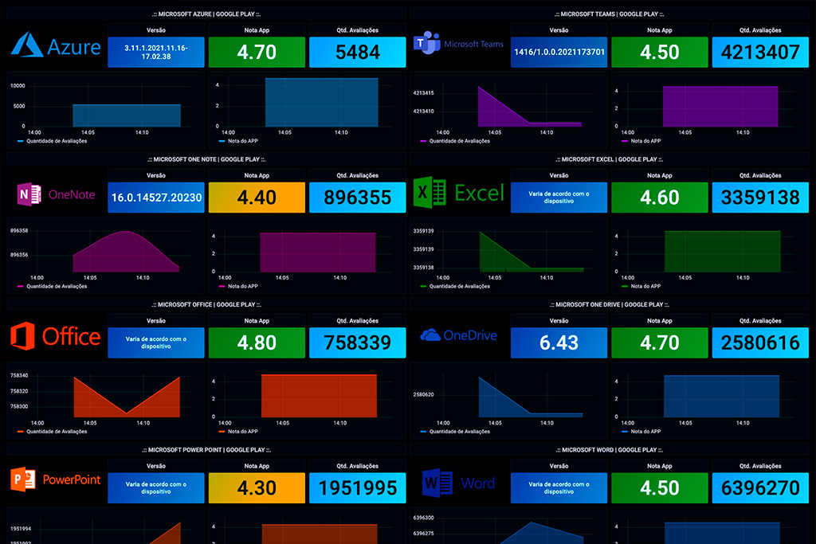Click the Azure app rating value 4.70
[257, 53]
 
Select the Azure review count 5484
[357, 53]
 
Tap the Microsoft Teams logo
[427, 45]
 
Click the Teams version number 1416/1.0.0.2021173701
[559, 53]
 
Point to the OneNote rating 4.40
[257, 198]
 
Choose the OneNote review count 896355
[357, 198]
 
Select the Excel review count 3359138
[760, 198]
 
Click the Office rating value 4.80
[257, 342]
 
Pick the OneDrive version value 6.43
[559, 342]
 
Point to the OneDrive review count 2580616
[760, 342]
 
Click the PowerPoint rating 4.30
[257, 487]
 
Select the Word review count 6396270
[760, 487]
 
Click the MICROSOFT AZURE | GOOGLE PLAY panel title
[206, 14]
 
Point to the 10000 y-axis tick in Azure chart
[18, 85]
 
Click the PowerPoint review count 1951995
[357, 487]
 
